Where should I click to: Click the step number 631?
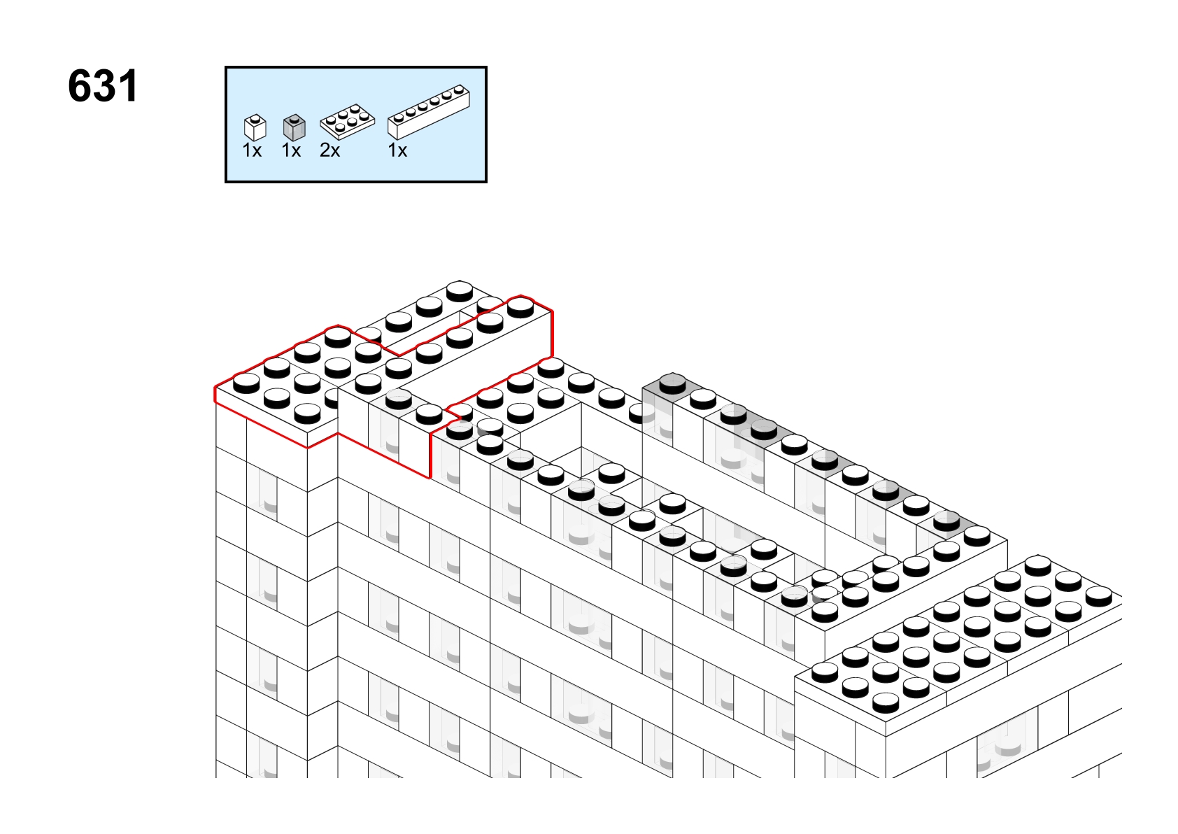coord(103,86)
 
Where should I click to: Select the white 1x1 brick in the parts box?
coord(255,128)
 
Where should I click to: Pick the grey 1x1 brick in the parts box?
coord(294,128)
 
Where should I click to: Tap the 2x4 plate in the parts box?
coord(347,122)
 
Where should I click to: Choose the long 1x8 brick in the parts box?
coord(429,112)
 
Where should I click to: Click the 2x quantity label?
coord(329,151)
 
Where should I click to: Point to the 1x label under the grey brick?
coord(291,151)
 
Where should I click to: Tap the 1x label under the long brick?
coord(397,151)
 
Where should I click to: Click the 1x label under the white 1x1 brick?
coord(252,151)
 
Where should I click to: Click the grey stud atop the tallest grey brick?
coord(673,384)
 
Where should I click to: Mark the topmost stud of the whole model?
coord(460,291)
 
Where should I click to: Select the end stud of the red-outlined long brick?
coord(520,307)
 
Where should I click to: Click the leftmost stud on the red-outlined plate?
coord(246,383)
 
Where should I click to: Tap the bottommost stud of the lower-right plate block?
coord(886,703)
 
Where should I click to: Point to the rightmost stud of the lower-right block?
coord(1099,596)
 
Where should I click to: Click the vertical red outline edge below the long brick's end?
coord(552,334)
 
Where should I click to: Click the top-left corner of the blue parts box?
coord(226,66)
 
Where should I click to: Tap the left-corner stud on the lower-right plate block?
coord(825,672)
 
